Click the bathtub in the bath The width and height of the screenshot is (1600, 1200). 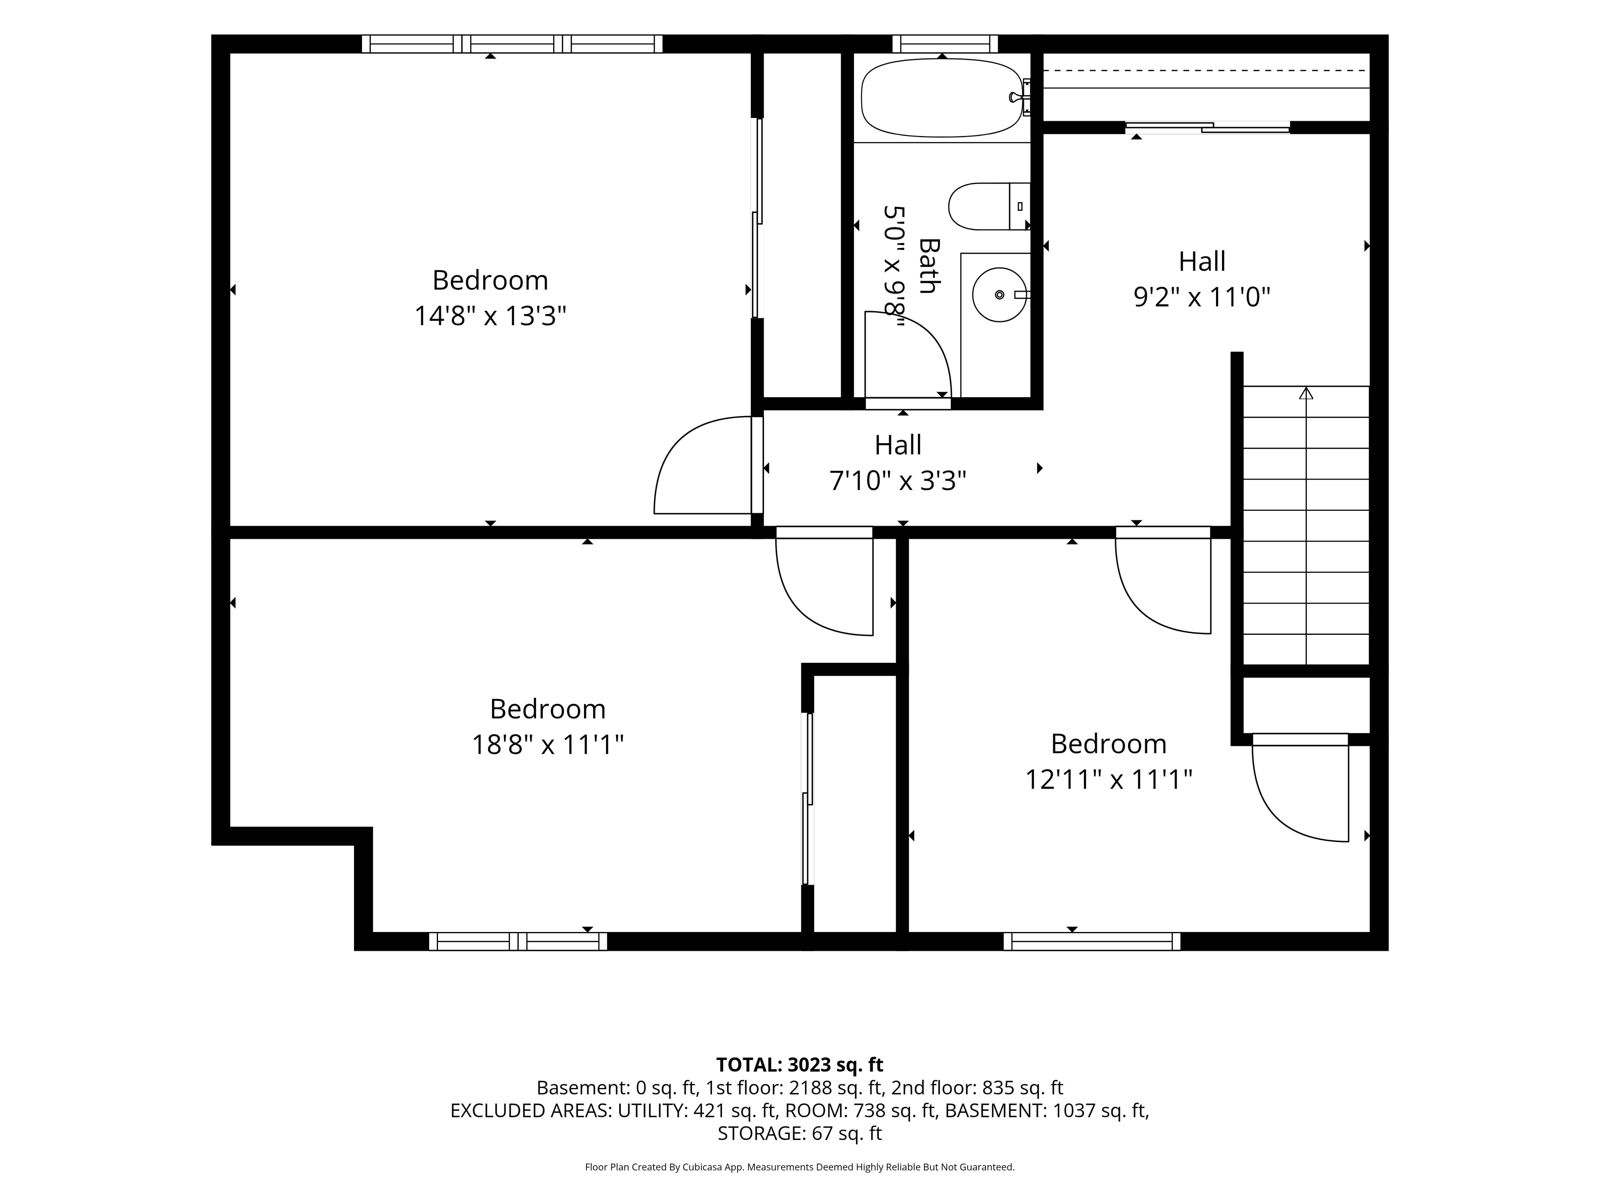[x=942, y=98]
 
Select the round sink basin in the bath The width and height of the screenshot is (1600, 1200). [x=1000, y=294]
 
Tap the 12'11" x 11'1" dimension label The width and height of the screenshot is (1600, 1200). [x=1108, y=780]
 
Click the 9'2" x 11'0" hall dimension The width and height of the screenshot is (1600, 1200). [x=1201, y=297]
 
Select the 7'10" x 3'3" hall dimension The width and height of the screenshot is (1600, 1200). [x=898, y=480]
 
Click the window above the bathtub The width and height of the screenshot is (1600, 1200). [x=945, y=43]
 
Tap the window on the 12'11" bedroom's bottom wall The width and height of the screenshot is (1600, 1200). [x=1092, y=941]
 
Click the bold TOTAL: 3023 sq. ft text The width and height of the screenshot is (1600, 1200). [x=799, y=1065]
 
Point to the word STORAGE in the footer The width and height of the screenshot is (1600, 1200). [x=759, y=1133]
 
